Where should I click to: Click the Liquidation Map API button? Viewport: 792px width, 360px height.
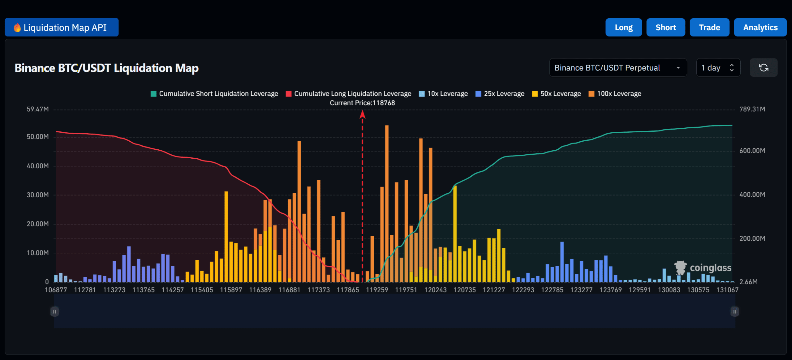[x=62, y=28]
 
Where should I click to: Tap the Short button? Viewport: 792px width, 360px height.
[x=665, y=28]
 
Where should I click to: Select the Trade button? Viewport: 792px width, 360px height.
[x=709, y=28]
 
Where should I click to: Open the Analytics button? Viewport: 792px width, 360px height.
[x=760, y=28]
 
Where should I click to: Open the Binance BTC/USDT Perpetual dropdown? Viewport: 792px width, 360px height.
[x=618, y=68]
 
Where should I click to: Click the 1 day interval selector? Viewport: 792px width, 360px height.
[x=718, y=68]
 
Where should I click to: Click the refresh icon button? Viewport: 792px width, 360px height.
[x=763, y=68]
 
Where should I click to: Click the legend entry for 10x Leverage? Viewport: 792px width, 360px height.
[x=443, y=94]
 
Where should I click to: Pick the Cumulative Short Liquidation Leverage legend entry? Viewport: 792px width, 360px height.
[x=214, y=94]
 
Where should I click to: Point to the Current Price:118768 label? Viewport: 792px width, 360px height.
[x=362, y=103]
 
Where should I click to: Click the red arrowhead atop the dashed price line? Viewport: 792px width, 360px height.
[x=363, y=115]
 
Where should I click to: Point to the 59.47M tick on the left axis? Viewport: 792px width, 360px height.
[x=37, y=109]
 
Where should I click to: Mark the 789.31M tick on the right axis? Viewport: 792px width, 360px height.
[x=752, y=109]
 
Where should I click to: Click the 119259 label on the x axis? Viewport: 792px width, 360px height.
[x=377, y=290]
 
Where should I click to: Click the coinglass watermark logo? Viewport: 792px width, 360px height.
[x=703, y=268]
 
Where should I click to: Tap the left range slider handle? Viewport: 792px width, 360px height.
[x=54, y=311]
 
